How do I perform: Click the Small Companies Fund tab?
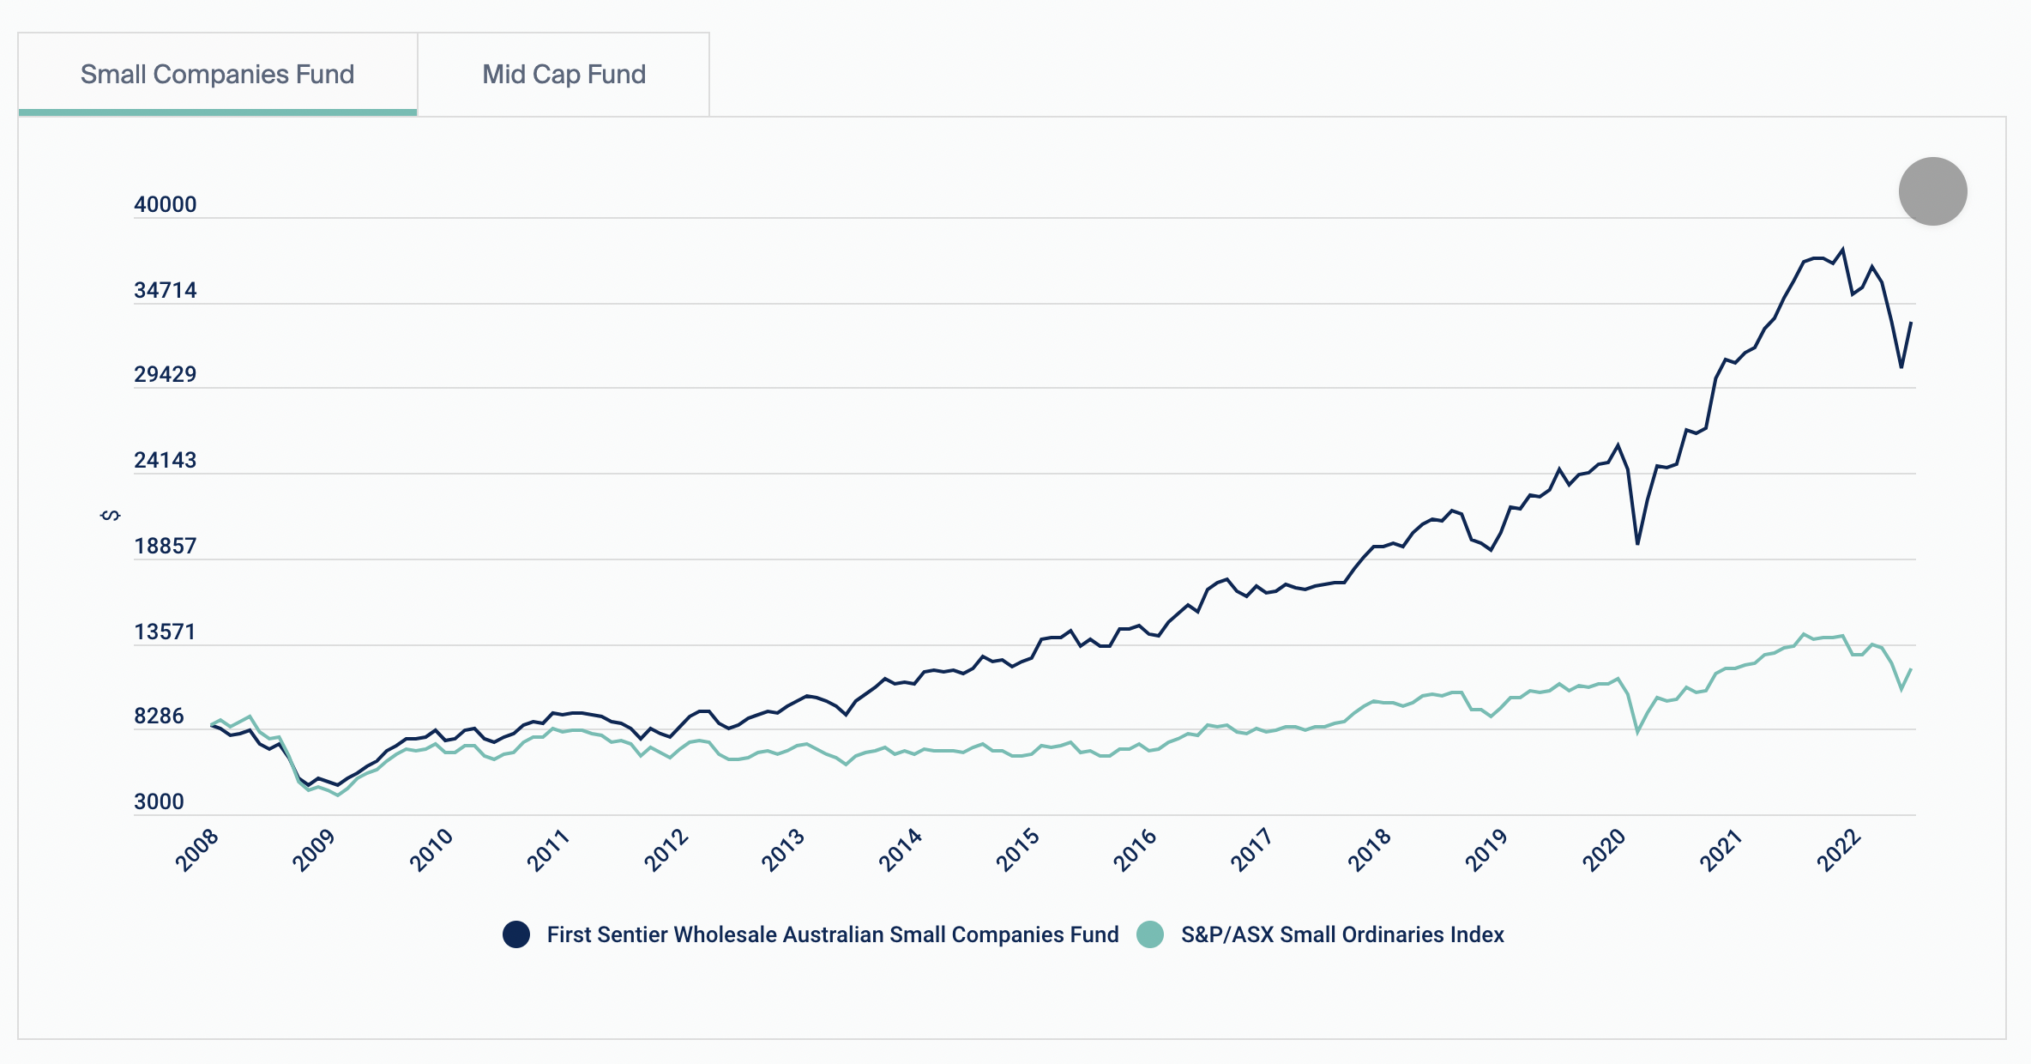(217, 75)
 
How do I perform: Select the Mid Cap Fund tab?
(563, 75)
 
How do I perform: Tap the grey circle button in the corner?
(1932, 191)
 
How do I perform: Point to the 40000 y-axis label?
(165, 204)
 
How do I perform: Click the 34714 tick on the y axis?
(165, 290)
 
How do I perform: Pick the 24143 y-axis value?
(165, 460)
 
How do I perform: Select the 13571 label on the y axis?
(165, 632)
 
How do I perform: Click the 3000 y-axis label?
(159, 801)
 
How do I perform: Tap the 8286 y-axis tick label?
(159, 716)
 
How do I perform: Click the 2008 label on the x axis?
(197, 850)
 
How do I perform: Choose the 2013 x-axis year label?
(783, 850)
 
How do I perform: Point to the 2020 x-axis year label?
(1604, 850)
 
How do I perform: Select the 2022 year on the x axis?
(1839, 850)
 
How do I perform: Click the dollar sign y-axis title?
(111, 515)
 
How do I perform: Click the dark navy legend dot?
(516, 934)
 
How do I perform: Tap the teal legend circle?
(1150, 934)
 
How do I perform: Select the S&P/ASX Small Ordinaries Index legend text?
(1342, 934)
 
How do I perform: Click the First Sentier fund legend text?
(833, 934)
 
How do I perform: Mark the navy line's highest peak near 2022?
(1842, 250)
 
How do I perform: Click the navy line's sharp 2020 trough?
(1637, 543)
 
